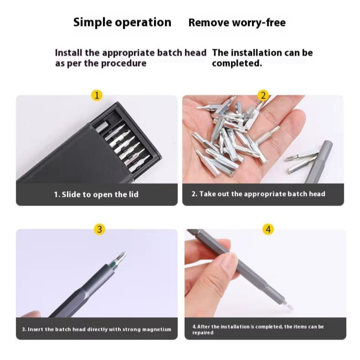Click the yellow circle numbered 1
96,95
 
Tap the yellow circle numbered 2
263,95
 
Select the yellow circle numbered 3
99,229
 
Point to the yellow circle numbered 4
268,229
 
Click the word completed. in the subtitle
237,63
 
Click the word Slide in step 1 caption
71,194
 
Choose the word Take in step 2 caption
207,194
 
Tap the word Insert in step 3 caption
35,329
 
